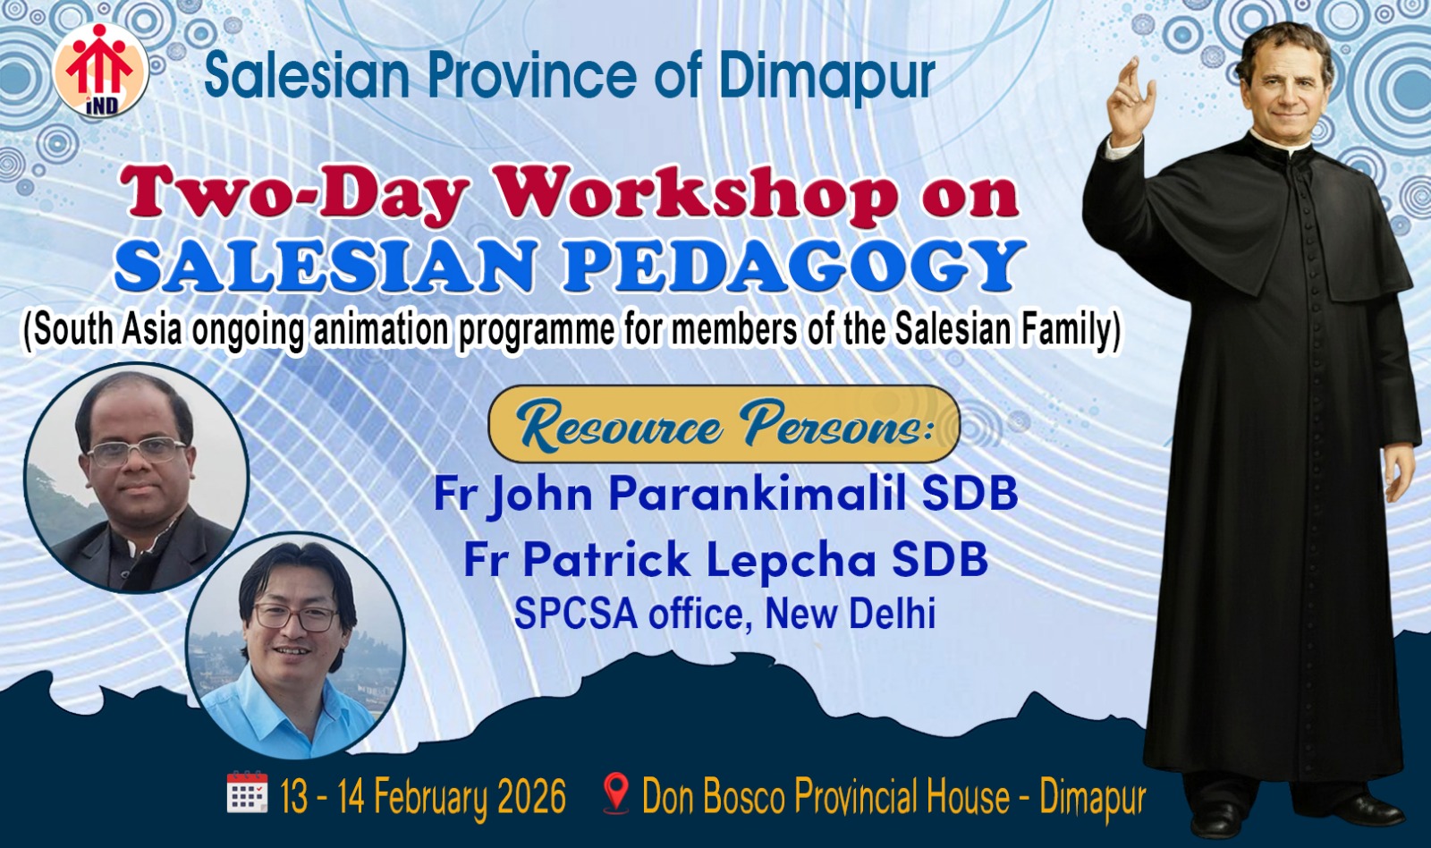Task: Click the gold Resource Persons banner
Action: (x=724, y=424)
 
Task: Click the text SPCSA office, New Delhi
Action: (x=725, y=614)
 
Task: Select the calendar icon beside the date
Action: (x=247, y=793)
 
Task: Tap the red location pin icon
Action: (x=617, y=793)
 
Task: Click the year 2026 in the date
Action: (x=531, y=796)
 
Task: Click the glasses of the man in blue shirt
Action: (x=296, y=617)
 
